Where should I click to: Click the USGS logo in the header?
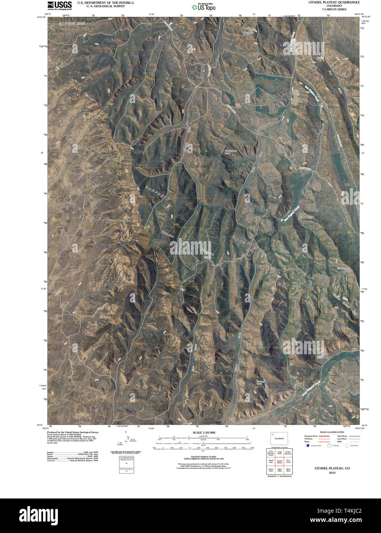(x=59, y=5)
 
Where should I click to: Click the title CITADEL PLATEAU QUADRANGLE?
(x=334, y=2)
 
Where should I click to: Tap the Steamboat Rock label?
(x=231, y=151)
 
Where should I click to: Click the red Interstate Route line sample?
(x=324, y=436)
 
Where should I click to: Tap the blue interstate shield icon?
(x=308, y=446)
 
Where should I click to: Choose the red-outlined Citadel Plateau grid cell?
(x=279, y=462)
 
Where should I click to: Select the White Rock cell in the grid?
(x=288, y=470)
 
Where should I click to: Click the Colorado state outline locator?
(x=279, y=438)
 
